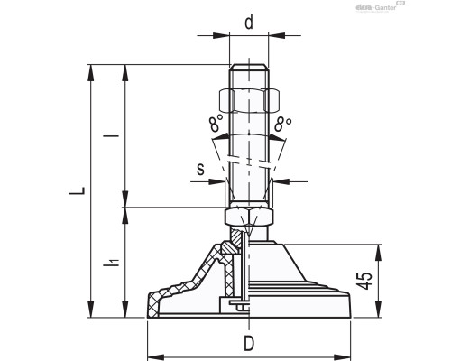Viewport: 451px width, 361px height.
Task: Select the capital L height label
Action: (78, 191)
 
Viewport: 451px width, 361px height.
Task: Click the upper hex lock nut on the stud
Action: (248, 98)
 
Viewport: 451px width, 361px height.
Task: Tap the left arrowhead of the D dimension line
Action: (151, 355)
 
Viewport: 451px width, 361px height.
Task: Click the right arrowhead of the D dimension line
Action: (347, 355)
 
